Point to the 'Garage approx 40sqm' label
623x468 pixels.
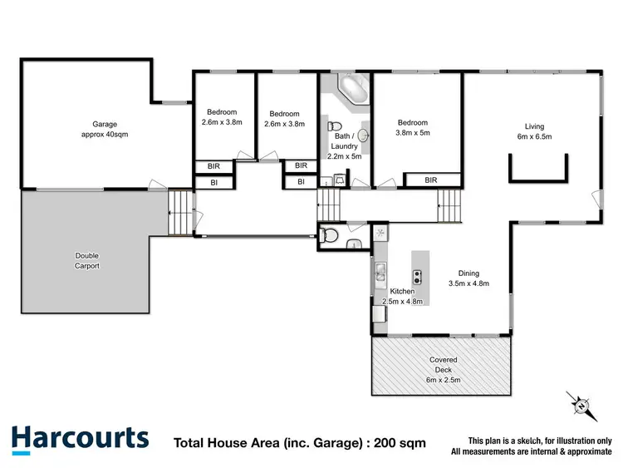104,128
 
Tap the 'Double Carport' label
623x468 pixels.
86,260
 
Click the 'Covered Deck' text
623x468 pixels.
443,360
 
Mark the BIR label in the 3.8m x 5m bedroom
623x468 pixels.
430,180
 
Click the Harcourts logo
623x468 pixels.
80,437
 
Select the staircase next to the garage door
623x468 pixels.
179,212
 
